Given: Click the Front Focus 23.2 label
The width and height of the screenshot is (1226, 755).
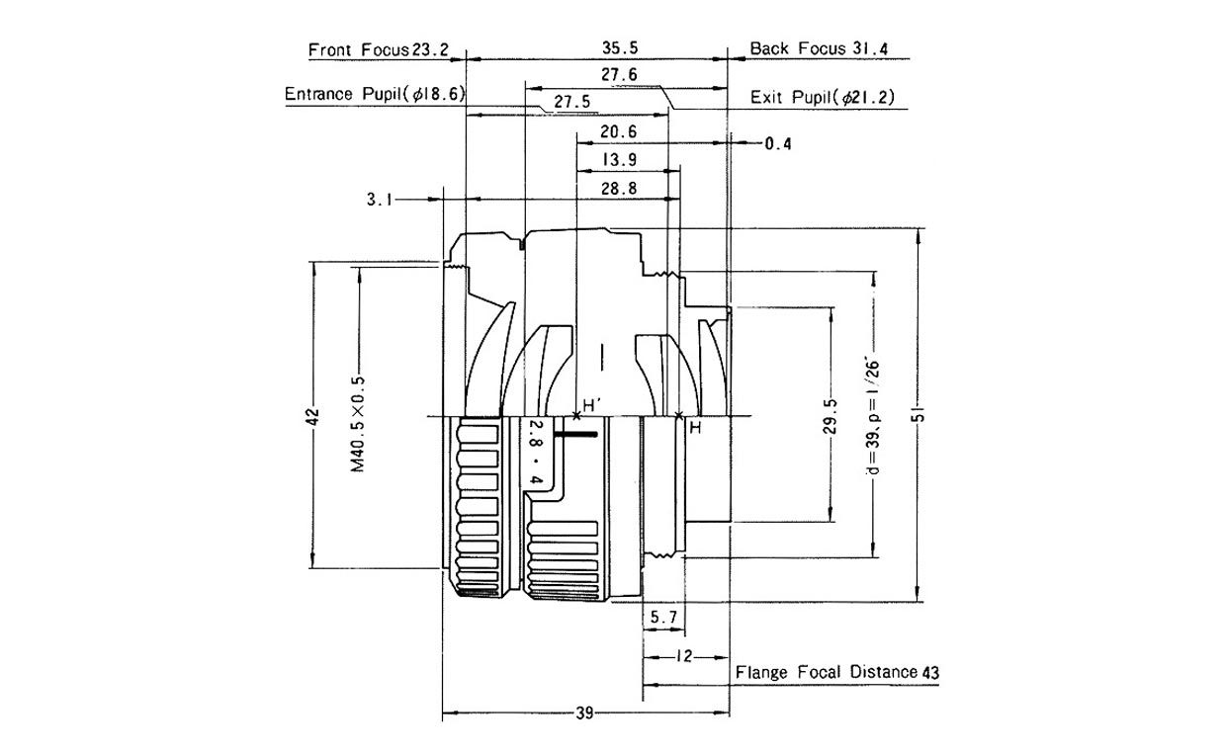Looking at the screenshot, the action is pos(379,49).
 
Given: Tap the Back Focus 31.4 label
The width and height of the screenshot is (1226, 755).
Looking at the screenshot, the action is pos(819,48).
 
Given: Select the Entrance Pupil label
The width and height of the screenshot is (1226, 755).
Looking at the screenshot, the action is pos(375,94).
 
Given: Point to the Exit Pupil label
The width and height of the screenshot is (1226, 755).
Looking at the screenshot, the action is pos(822,98).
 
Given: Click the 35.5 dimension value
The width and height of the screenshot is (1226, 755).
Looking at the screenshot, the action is pos(620,47).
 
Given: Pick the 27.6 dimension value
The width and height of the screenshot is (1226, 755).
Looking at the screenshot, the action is pos(619,74).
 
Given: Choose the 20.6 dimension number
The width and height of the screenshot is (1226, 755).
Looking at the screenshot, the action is pos(619,131).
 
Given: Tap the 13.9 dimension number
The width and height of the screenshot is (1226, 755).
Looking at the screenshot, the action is pos(619,160).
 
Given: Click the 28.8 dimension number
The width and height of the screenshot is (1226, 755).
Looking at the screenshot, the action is pos(619,189).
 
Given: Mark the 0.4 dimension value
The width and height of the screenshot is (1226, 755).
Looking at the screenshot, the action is pos(778,144).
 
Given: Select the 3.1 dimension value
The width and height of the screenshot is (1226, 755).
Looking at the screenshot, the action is pos(380,200).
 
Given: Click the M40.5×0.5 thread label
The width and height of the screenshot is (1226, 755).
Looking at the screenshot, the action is pos(358,424).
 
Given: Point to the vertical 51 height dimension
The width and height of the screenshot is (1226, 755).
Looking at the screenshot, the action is pos(919,414).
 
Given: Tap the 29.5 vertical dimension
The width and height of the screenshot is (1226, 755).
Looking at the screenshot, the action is pos(831,416).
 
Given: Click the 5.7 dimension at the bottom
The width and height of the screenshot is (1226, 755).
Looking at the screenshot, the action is pos(663,618).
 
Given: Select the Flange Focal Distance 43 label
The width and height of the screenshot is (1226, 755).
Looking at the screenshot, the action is pos(836,672).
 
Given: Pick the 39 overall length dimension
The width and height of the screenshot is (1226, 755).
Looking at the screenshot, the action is pos(584,713).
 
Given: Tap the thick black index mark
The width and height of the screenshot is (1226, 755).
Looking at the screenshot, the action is pos(575,435).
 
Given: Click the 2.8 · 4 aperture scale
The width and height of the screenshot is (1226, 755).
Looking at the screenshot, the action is pos(536,452).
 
